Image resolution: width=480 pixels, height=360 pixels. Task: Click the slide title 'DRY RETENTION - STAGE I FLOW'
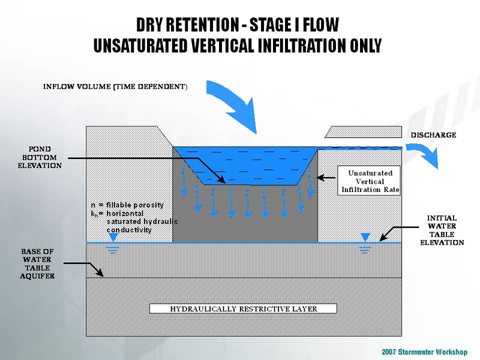pos(237,25)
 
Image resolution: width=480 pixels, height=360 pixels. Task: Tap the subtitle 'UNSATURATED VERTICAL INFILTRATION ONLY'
pos(237,45)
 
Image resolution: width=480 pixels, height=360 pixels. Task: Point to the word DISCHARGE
pos(433,135)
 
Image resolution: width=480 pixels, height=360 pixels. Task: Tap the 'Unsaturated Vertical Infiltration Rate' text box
pos(370,181)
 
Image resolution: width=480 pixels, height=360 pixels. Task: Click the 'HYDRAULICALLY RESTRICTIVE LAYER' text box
pos(243,309)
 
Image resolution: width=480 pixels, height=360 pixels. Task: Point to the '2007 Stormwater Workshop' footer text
pos(424,352)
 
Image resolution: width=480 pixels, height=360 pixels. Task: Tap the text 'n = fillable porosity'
pos(127,205)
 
